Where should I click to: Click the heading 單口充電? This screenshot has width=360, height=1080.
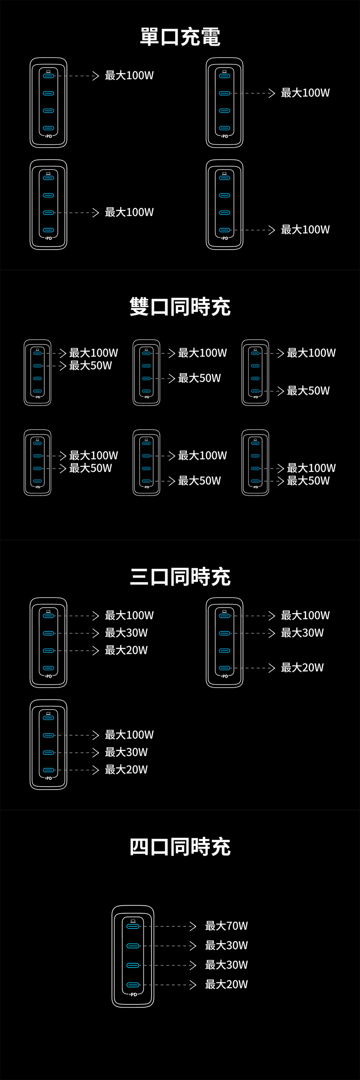pyautogui.click(x=180, y=37)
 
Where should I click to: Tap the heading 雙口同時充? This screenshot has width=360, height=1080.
pyautogui.click(x=180, y=307)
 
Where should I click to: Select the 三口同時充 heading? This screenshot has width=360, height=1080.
pyautogui.click(x=180, y=577)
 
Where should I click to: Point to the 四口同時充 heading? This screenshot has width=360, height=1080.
pyautogui.click(x=180, y=847)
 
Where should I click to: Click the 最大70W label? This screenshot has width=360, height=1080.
pyautogui.click(x=226, y=926)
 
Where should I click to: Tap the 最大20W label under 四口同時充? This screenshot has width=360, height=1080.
pyautogui.click(x=226, y=984)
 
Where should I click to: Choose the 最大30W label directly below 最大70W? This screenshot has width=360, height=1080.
pyautogui.click(x=226, y=946)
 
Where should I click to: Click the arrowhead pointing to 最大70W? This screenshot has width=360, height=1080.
pyautogui.click(x=193, y=926)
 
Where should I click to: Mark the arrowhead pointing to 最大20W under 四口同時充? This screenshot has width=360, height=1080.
pyautogui.click(x=193, y=985)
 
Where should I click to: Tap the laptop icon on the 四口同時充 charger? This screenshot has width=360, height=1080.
pyautogui.click(x=133, y=921)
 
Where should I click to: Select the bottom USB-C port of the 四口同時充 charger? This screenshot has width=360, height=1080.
pyautogui.click(x=133, y=985)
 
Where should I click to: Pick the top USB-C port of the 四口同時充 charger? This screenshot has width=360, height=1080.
pyautogui.click(x=133, y=926)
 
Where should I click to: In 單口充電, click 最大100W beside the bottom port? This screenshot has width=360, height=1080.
pyautogui.click(x=305, y=230)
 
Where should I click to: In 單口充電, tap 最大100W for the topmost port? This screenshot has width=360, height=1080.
pyautogui.click(x=129, y=76)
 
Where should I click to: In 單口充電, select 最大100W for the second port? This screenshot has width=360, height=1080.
pyautogui.click(x=305, y=93)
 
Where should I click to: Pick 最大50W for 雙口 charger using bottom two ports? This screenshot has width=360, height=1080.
pyautogui.click(x=308, y=481)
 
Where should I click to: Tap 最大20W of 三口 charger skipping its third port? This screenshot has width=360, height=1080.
pyautogui.click(x=302, y=668)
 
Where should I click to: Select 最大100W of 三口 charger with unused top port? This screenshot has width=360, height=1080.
pyautogui.click(x=129, y=735)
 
